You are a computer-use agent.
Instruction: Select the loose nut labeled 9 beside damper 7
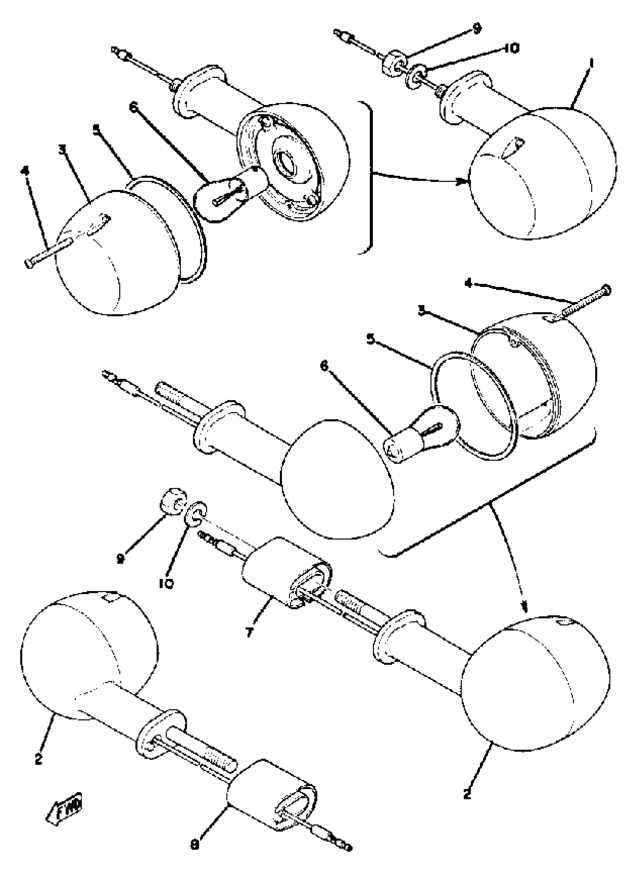pos(173,502)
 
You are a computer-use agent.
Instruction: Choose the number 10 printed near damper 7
pos(166,583)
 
